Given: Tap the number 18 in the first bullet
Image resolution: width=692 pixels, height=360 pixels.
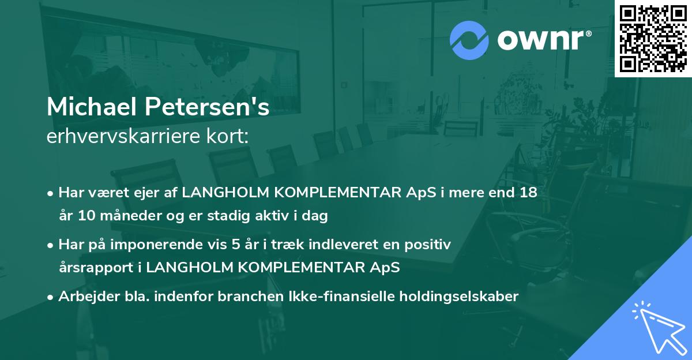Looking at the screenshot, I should pos(527,193).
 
